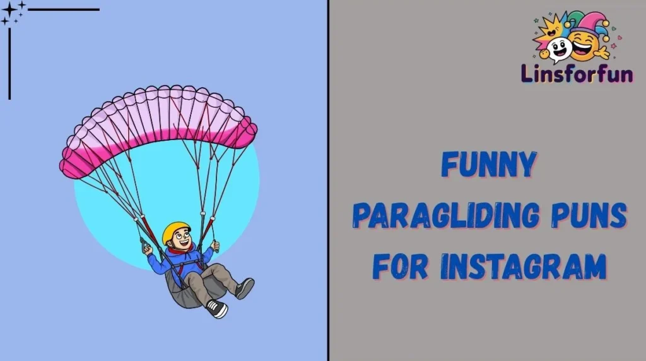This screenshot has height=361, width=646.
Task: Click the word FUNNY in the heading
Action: coord(489,165)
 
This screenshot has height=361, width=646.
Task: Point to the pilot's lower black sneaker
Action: coord(216,309)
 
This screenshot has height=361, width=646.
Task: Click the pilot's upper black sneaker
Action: coord(244,288)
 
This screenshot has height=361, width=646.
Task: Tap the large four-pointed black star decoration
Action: coord(9,9)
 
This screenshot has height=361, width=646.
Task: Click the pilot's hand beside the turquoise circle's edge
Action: coord(147,249)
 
